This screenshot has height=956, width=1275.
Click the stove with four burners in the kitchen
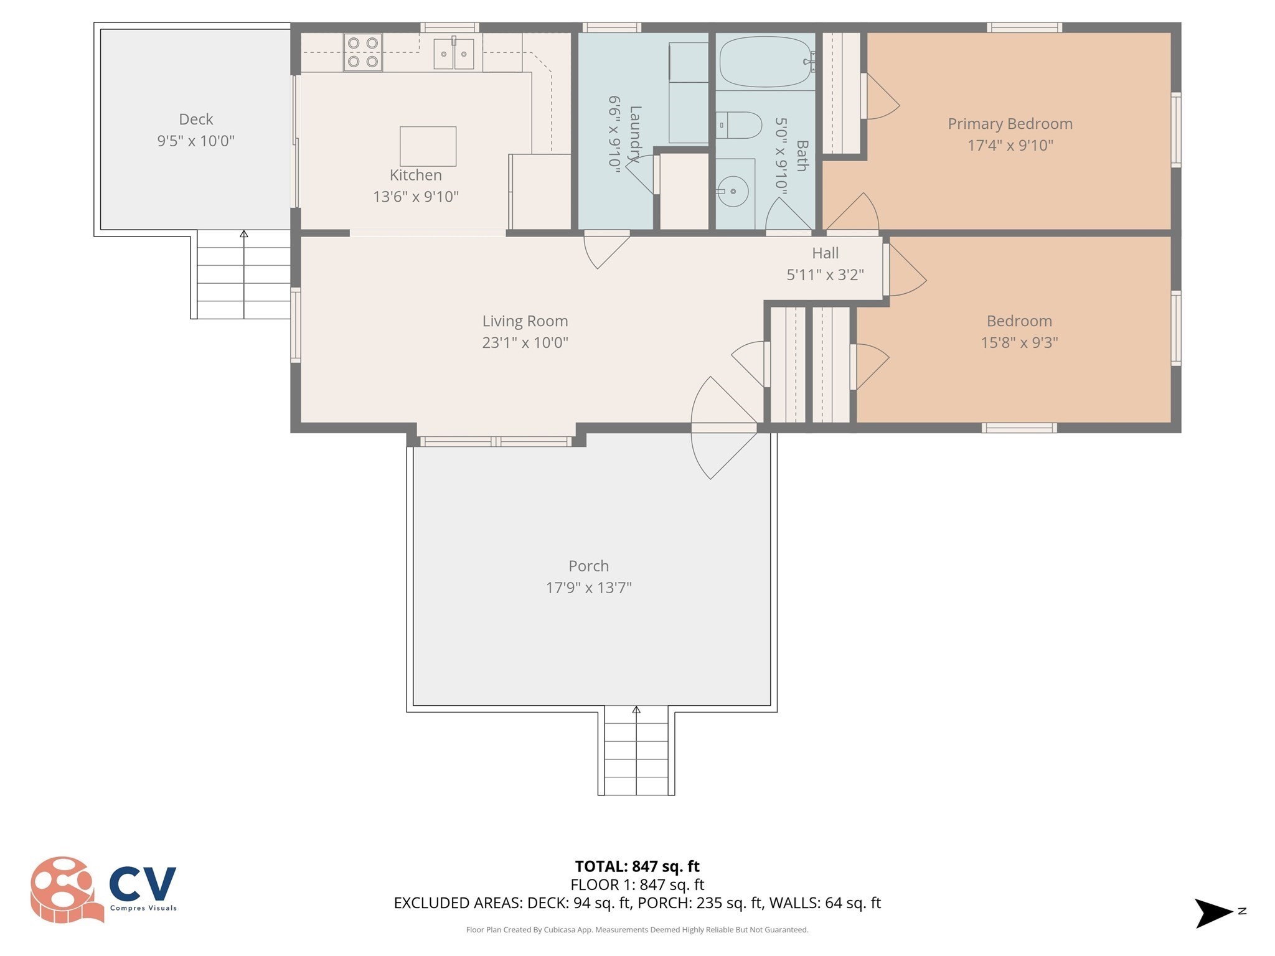click(362, 52)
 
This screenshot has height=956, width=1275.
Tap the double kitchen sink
click(454, 54)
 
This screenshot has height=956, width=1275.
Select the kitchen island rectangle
click(428, 146)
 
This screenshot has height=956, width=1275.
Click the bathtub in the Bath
click(765, 62)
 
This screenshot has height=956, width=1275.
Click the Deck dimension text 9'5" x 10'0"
click(195, 141)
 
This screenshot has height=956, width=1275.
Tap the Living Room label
click(525, 321)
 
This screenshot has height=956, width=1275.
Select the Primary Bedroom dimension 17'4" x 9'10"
click(1010, 145)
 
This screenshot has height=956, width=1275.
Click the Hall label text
click(825, 253)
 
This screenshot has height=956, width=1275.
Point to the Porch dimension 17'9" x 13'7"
click(588, 588)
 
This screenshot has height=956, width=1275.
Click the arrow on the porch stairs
click(636, 710)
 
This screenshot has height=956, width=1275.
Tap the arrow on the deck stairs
click(244, 234)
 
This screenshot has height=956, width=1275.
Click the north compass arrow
click(1213, 913)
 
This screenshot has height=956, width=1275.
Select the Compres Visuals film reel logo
click(65, 889)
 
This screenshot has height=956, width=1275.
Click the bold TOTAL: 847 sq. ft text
click(637, 866)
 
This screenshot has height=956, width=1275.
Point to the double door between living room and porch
click(724, 428)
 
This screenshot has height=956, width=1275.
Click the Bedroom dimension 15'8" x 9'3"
click(1019, 342)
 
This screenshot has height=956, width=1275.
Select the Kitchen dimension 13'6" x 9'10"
click(415, 197)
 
